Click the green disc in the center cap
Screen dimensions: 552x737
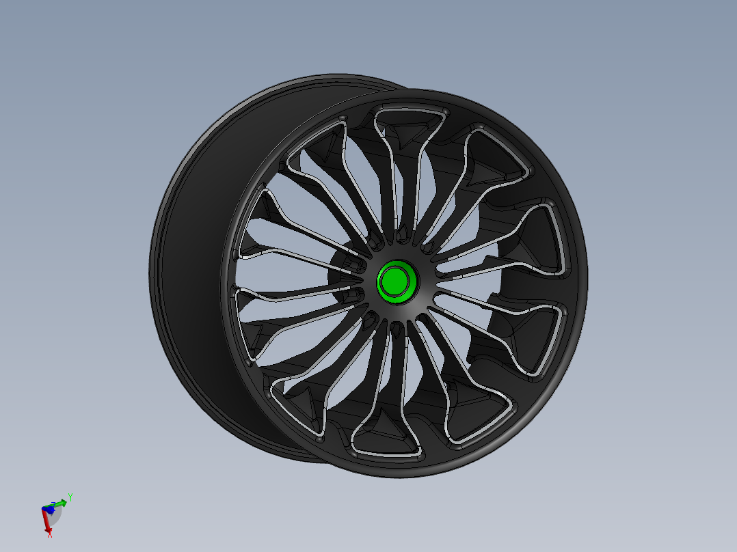[394, 281]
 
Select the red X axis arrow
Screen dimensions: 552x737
[47, 523]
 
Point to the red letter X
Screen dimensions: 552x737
[50, 535]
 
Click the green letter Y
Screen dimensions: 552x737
[70, 496]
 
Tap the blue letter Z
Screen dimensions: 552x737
[53, 503]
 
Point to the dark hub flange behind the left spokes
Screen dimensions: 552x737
[342, 273]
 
